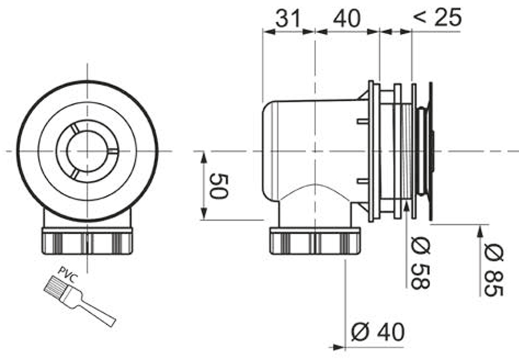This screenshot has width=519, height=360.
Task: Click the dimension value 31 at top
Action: coord(288,19)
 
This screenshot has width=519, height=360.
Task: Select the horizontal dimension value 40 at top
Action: coord(346,19)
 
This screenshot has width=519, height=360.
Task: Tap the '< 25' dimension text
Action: coord(436,18)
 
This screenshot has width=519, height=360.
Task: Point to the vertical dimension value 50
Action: coord(219,186)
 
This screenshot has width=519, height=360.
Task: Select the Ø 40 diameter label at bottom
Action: coord(377,331)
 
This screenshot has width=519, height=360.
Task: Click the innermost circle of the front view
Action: coord(87,151)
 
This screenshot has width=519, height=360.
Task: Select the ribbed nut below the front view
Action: coord(87,240)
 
